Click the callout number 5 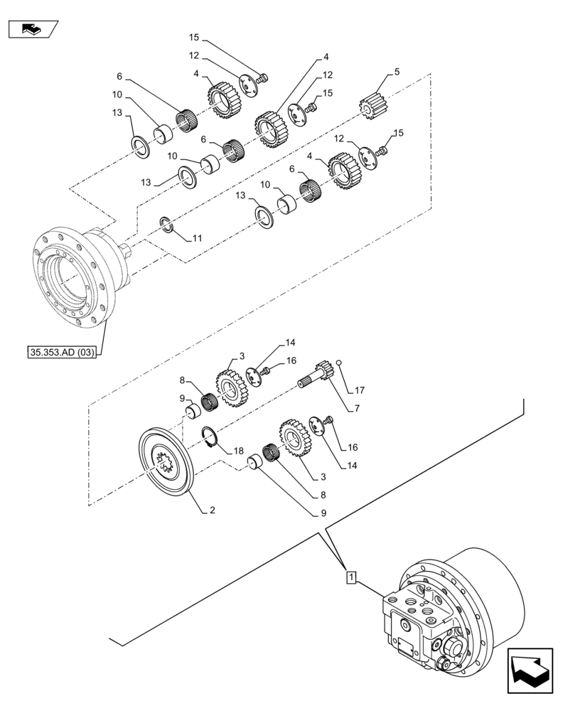397,72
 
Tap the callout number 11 196,240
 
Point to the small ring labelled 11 165,225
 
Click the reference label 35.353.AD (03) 63,351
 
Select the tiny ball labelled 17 341,365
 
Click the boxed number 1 350,577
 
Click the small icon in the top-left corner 32,28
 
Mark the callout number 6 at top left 120,77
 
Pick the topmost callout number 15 194,36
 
